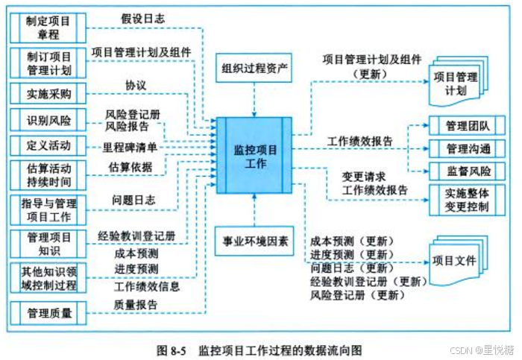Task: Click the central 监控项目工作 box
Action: [x=254, y=156]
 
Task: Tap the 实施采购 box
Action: [x=48, y=93]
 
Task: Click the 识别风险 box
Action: [x=48, y=119]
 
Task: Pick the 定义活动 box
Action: [x=48, y=145]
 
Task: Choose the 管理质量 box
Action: [x=48, y=314]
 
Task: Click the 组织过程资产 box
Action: [x=254, y=69]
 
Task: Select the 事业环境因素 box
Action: [x=254, y=241]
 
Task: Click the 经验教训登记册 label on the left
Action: [x=136, y=236]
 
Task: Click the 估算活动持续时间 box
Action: [x=48, y=174]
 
